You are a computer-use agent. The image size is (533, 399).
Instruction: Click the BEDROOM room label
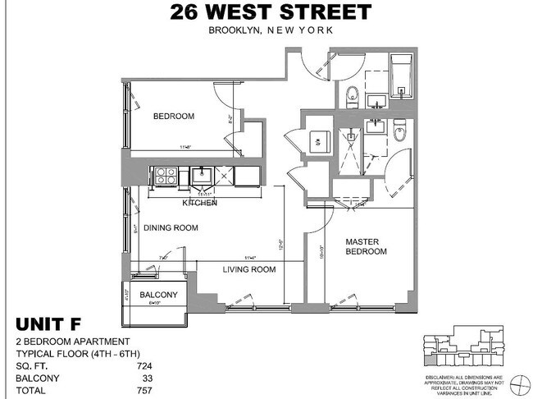(174, 117)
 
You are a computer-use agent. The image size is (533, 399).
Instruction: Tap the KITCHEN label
(199, 202)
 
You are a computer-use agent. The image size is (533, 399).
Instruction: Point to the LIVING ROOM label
(248, 269)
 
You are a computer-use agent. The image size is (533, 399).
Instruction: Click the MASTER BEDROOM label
(365, 246)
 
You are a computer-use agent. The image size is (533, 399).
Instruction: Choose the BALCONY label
(158, 296)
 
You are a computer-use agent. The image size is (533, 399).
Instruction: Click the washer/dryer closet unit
(317, 141)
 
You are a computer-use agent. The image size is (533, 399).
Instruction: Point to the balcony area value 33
(148, 378)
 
